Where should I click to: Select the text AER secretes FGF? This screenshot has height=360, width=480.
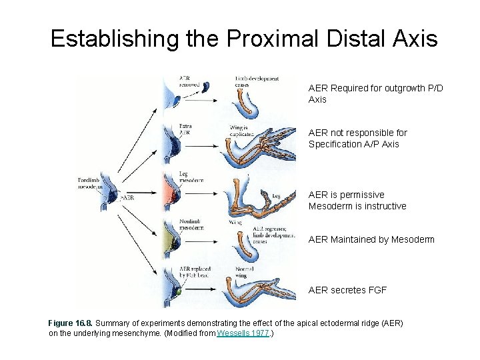pyautogui.click(x=347, y=290)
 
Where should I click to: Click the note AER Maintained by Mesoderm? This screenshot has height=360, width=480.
pyautogui.click(x=371, y=239)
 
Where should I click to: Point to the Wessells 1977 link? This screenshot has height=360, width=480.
pyautogui.click(x=243, y=333)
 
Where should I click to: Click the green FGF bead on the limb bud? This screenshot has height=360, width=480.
pyautogui.click(x=178, y=291)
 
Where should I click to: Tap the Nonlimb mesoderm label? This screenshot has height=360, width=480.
pyautogui.click(x=191, y=225)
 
